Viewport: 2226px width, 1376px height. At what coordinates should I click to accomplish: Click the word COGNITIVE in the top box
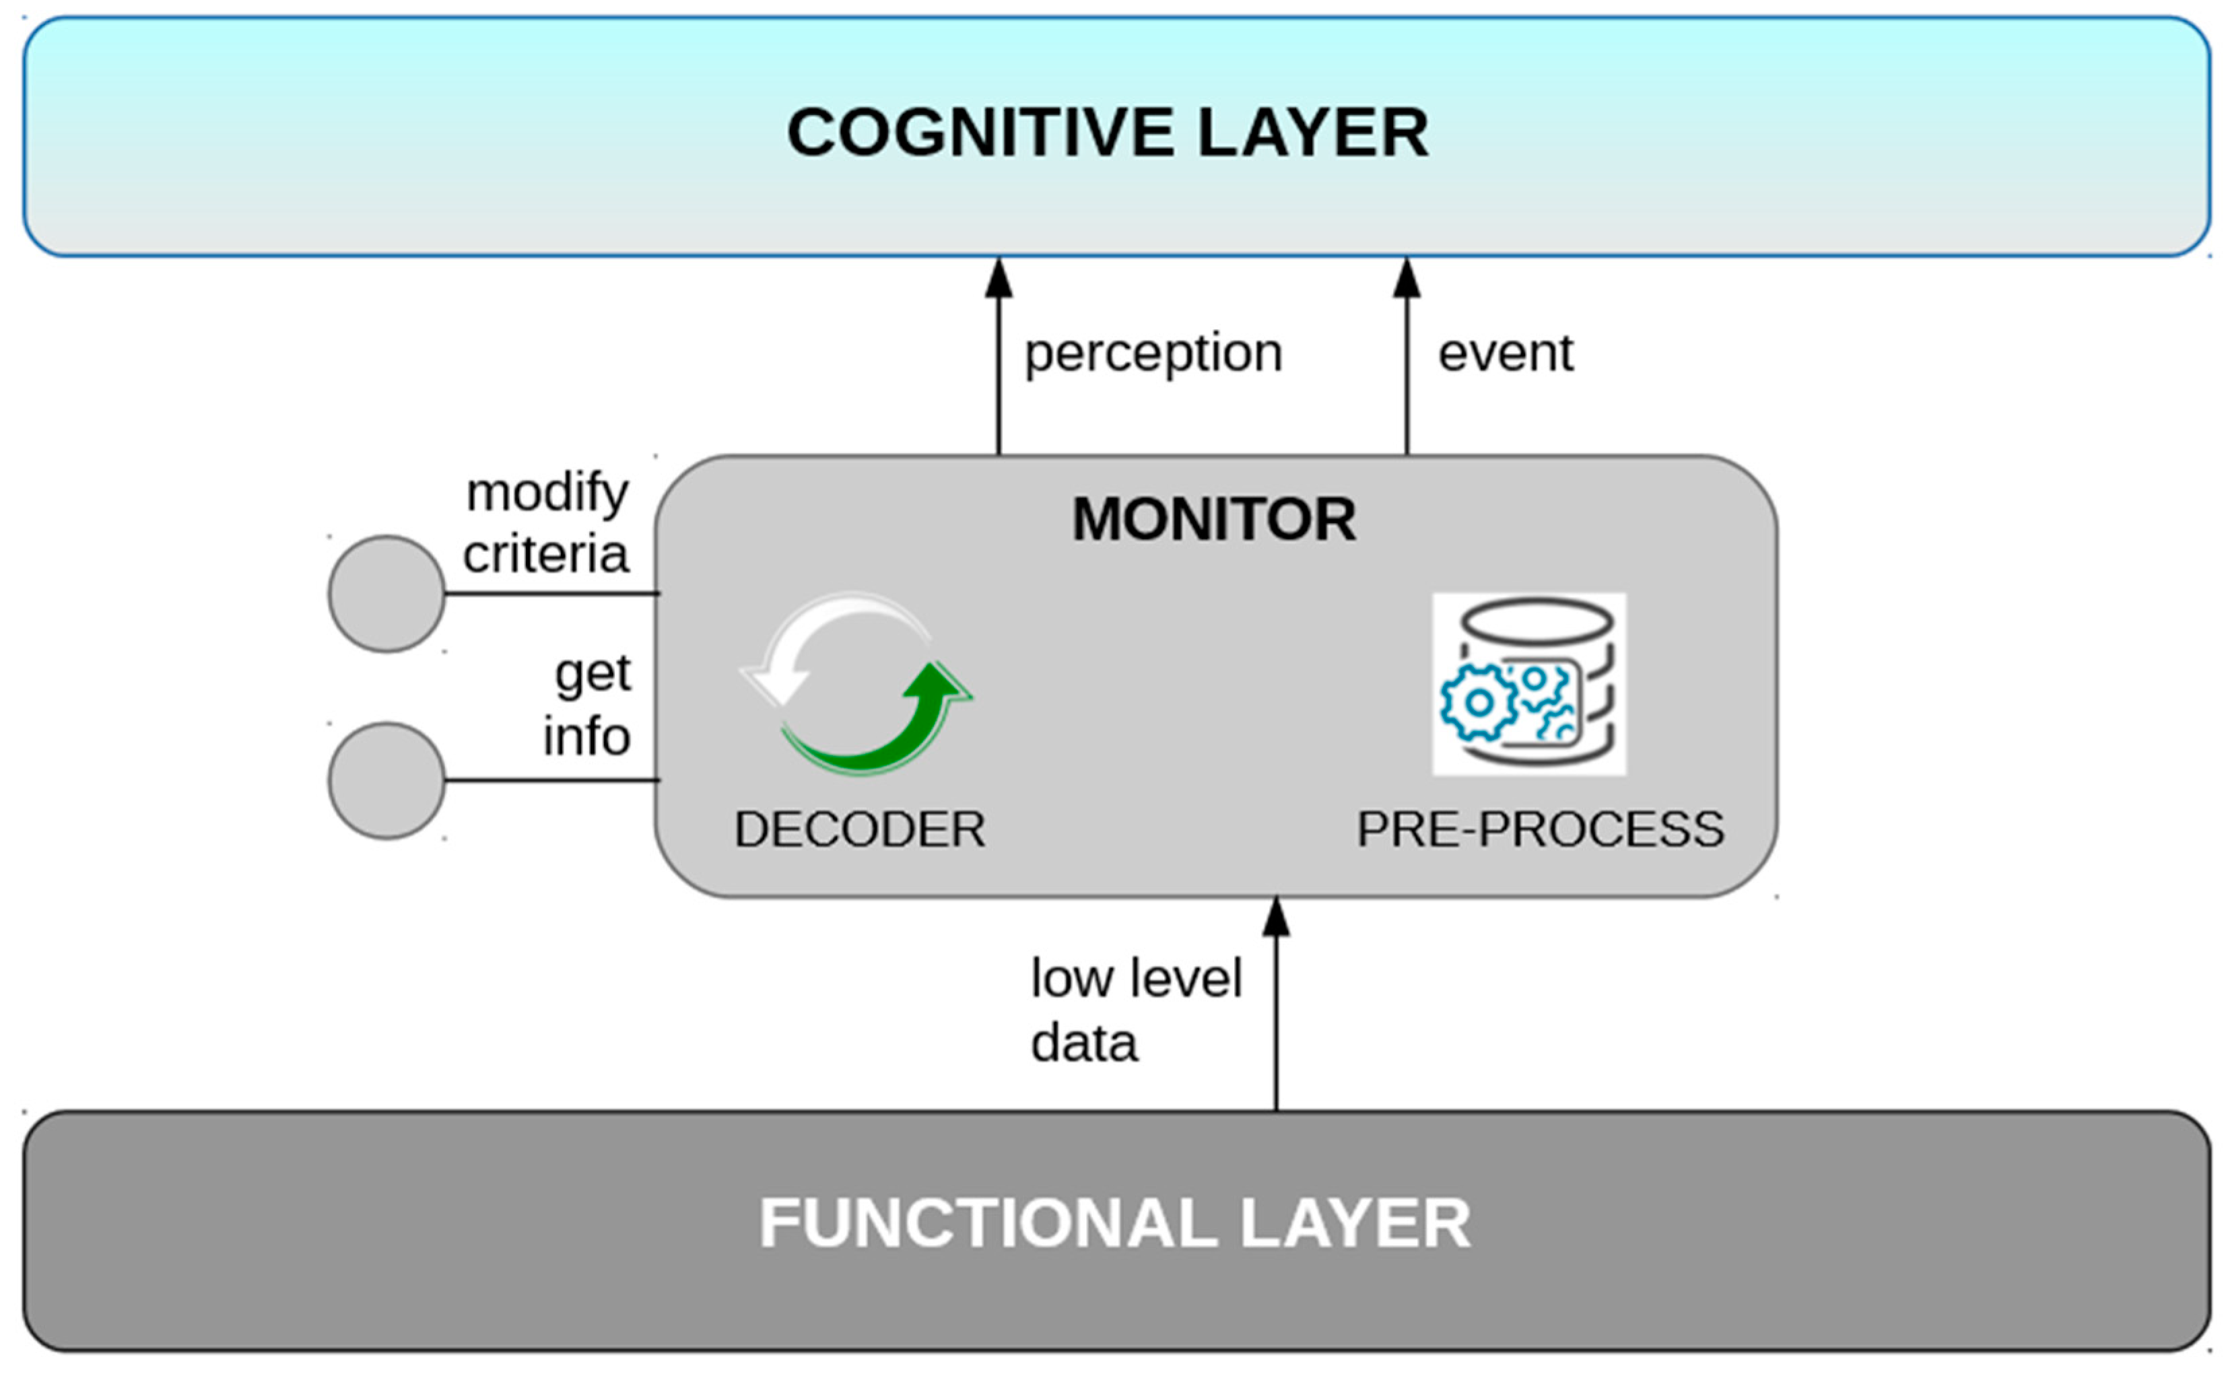click(981, 133)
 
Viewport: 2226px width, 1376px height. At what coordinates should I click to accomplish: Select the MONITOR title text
click(1214, 520)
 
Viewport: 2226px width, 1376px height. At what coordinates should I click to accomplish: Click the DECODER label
click(860, 829)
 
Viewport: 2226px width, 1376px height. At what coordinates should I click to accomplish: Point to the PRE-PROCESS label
click(1540, 829)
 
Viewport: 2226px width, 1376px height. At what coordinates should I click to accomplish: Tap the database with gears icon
click(1529, 685)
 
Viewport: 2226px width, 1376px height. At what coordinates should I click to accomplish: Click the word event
click(1506, 354)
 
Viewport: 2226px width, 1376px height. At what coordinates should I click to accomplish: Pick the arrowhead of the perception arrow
click(999, 277)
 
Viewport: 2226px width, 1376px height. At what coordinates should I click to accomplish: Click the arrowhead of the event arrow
click(1407, 277)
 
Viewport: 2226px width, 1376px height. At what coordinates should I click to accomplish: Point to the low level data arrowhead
click(1276, 916)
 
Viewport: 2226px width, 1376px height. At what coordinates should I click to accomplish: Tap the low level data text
click(1136, 1010)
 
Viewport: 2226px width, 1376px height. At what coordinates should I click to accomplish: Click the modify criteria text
click(546, 524)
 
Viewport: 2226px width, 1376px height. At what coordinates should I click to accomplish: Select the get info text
click(587, 706)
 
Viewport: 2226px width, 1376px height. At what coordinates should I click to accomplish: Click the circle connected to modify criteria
click(386, 593)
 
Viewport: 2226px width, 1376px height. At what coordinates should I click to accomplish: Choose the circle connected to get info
click(386, 781)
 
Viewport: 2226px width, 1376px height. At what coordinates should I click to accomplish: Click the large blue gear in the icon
click(1479, 703)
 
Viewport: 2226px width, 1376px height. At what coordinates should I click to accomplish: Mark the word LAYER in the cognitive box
click(1312, 133)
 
